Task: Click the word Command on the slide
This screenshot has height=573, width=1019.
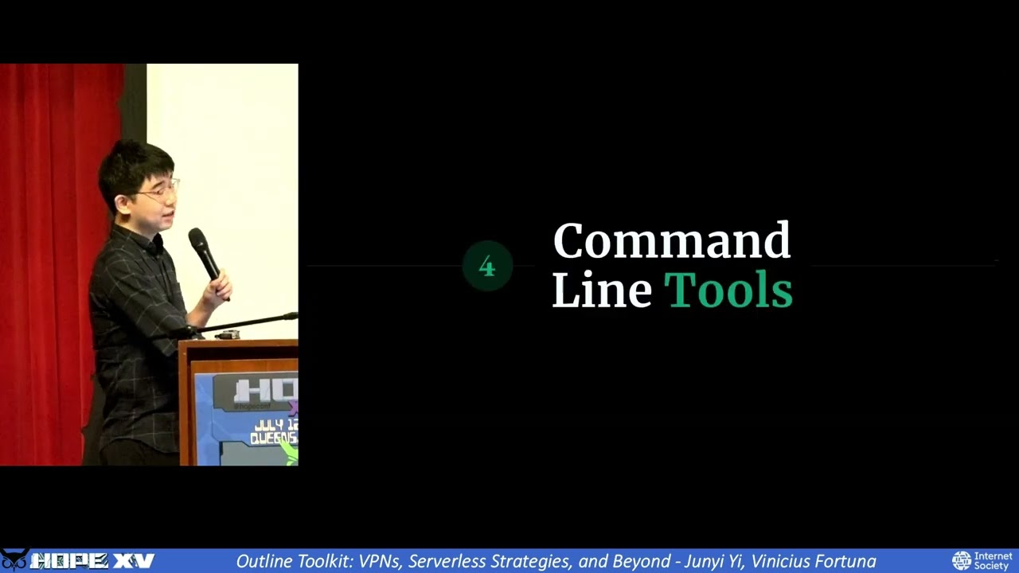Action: pos(671,241)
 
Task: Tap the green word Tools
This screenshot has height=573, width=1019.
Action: pos(728,290)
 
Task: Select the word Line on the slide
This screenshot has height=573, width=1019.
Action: pos(601,290)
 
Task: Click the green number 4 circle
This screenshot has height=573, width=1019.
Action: pos(487,267)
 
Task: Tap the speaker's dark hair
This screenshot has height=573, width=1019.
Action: pos(131,163)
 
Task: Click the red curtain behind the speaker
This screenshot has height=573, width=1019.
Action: pos(48,239)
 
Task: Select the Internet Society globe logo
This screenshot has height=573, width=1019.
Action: pos(962,561)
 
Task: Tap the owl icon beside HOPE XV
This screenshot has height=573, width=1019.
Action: pos(14,559)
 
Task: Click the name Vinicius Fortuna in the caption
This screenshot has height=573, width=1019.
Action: pos(813,561)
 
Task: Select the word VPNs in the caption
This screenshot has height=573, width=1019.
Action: pos(380,561)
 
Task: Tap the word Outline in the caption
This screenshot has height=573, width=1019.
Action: pos(264,561)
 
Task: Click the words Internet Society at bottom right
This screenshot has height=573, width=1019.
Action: pos(993,561)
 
